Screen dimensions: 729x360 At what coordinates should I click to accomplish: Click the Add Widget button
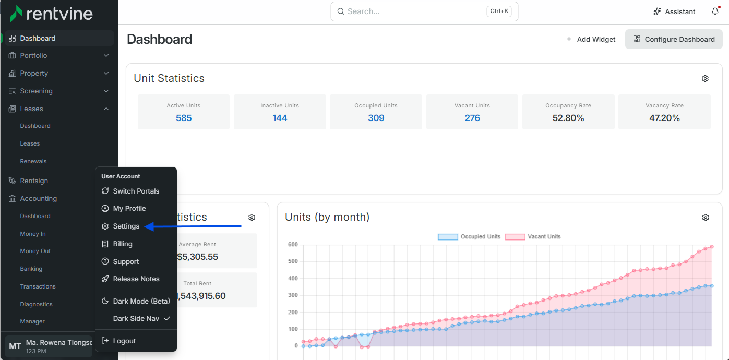pos(590,39)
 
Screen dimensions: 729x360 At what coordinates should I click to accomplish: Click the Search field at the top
pos(424,11)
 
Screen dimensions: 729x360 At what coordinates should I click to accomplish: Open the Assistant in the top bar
pos(674,11)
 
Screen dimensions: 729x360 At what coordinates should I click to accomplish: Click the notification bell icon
pos(715,11)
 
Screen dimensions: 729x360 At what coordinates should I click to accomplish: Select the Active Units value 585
pos(184,118)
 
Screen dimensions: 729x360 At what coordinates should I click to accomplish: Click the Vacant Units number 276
pos(472,118)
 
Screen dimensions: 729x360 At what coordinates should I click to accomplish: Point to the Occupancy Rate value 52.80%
pos(568,118)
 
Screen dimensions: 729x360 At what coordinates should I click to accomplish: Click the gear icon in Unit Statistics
pos(705,78)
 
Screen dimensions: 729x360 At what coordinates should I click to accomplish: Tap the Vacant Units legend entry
pos(533,237)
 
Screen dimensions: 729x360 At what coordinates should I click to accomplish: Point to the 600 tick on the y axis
pos(293,245)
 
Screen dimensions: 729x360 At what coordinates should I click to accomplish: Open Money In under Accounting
pos(33,234)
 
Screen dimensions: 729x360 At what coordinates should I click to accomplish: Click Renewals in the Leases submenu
pos(33,161)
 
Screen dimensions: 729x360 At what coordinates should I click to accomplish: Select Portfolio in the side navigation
pos(33,56)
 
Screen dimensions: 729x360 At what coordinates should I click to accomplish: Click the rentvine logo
pos(52,14)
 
